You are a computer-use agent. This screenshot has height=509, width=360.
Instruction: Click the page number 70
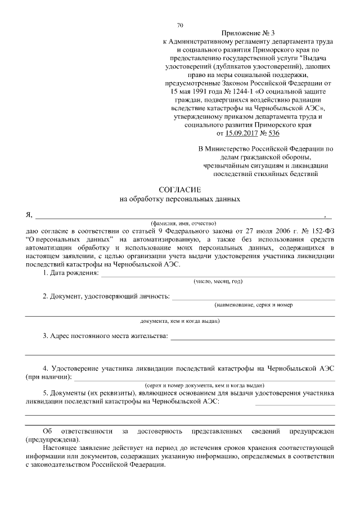pos(180,25)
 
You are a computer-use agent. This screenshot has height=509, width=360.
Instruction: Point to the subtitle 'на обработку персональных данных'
pos(180,199)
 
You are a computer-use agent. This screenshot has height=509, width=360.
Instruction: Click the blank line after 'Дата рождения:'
pos(217,276)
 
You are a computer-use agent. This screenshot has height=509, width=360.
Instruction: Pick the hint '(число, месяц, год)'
pos(218,281)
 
